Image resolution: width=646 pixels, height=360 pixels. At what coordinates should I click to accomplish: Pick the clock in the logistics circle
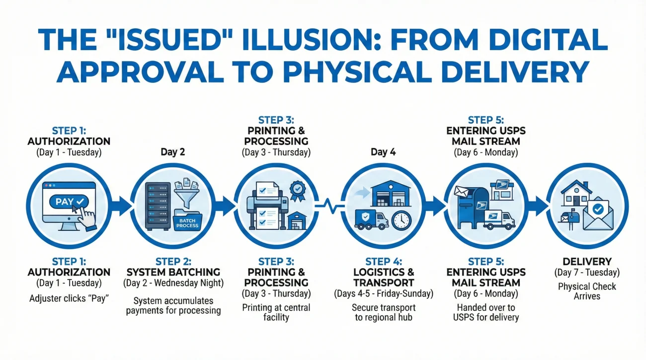[402, 219]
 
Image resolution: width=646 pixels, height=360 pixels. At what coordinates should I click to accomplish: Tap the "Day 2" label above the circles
[172, 152]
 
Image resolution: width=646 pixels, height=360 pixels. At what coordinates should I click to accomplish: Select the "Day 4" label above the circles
[383, 152]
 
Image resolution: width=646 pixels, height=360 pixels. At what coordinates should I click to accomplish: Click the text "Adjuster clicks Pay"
[69, 299]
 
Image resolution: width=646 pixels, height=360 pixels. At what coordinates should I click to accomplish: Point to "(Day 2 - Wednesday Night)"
[173, 284]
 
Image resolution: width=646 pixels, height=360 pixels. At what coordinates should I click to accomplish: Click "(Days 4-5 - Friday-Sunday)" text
[383, 294]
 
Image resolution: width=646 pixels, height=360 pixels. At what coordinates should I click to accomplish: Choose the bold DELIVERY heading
[587, 262]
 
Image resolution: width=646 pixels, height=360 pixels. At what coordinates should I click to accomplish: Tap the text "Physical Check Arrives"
[587, 291]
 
